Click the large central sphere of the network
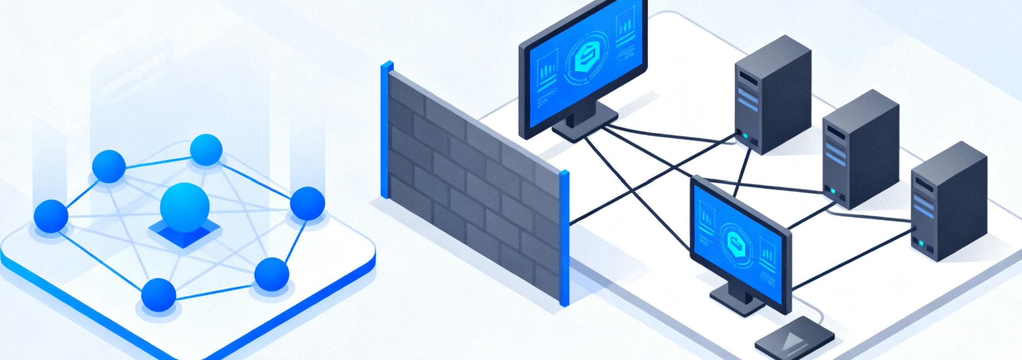185,207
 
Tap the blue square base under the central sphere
184,235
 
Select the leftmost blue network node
51,216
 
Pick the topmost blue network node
206,149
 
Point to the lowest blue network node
159,295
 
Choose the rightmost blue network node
307,203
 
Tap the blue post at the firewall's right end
564,237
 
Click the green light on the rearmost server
745,135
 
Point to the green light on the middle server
833,191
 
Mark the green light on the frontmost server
921,243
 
